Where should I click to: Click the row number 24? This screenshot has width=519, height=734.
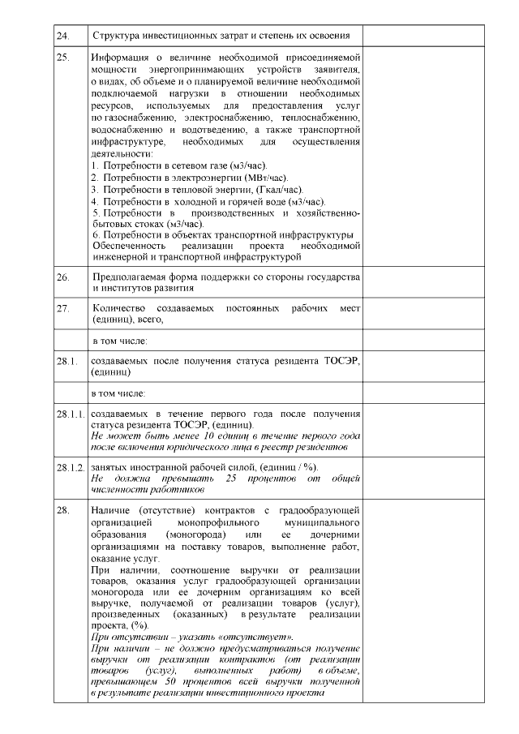click(62, 36)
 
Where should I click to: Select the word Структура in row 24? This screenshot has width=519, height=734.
click(118, 36)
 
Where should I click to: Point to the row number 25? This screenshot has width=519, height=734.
click(62, 59)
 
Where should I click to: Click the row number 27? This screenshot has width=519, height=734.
click(62, 309)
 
